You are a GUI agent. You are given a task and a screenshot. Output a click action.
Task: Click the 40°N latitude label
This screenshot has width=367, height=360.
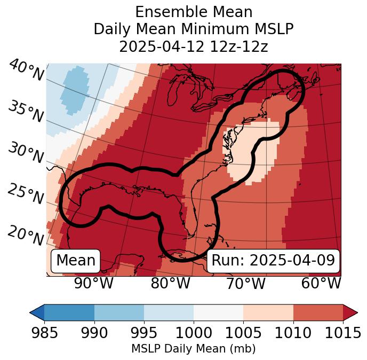pos(26,71)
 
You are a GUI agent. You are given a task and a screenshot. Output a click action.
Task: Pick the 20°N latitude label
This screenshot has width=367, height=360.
pos(26,235)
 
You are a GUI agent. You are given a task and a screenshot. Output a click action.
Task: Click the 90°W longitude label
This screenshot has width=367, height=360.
pos(93,284)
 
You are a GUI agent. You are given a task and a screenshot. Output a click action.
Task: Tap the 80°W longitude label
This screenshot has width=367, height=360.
pos(170,284)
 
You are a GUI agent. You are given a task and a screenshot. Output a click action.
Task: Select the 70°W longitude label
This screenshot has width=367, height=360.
pos(245,284)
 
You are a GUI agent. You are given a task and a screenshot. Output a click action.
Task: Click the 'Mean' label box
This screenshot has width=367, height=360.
pos(76,261)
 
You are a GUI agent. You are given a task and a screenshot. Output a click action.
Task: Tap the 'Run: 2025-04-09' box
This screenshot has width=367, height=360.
pos(273,261)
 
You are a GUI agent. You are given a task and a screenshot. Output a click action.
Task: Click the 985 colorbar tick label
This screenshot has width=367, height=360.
pos(44,333)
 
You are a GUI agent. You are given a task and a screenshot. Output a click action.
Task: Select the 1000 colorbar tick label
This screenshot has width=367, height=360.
pos(194,333)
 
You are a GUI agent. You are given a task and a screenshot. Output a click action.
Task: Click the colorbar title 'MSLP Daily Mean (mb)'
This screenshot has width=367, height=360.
pos(193,349)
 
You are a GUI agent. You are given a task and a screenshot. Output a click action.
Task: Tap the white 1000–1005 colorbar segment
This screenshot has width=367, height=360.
pos(218,312)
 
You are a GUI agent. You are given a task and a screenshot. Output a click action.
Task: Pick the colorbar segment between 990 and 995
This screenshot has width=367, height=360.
pos(119,312)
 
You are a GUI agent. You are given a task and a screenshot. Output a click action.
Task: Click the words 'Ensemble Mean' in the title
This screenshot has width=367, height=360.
pos(193,12)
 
